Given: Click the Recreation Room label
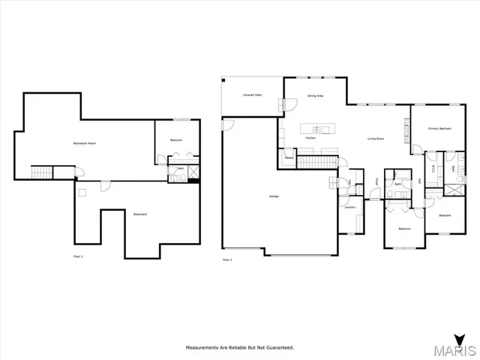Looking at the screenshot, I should tap(84, 142).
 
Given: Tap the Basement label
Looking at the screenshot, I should tap(140, 214).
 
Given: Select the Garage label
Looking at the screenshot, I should tap(274, 196).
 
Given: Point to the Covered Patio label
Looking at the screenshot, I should tap(251, 95).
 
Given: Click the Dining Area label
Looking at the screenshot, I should tap(315, 95).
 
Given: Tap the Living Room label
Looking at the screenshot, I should tap(376, 139).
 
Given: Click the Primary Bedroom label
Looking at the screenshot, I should tap(439, 129).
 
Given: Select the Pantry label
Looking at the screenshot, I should tap(288, 157).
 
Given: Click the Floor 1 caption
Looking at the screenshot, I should tap(77, 256).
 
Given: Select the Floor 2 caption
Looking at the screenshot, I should tap(227, 259).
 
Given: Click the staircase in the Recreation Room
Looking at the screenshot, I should tap(42, 172).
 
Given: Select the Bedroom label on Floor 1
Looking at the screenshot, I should tap(176, 140).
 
